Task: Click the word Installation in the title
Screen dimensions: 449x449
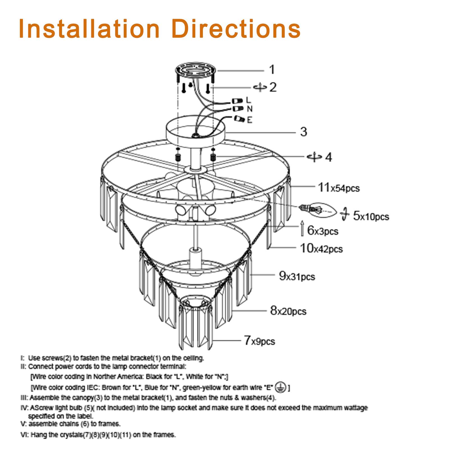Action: (89, 29)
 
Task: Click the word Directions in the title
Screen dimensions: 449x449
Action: (236, 29)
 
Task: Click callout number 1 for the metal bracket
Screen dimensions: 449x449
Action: (272, 70)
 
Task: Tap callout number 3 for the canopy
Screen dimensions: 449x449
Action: (304, 132)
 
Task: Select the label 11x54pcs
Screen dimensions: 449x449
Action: (338, 187)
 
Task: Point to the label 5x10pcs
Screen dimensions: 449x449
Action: (371, 216)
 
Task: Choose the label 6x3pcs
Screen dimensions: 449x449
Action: (323, 231)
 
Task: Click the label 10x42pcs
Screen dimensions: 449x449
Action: (321, 248)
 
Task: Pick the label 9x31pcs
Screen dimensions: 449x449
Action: (297, 276)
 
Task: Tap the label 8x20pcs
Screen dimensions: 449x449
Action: (288, 311)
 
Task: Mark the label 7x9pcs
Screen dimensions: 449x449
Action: (259, 341)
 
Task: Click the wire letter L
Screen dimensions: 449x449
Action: (249, 100)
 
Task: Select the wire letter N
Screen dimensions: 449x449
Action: (249, 109)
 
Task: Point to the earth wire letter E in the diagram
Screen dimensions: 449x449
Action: (249, 120)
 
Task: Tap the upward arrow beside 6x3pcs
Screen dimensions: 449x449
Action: (302, 228)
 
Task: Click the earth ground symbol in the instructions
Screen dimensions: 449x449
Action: (281, 387)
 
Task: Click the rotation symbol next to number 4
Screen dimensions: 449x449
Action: (314, 157)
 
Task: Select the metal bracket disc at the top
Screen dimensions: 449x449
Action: (196, 70)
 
